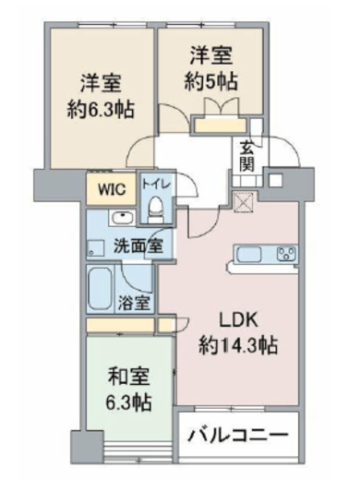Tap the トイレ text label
point(153,184)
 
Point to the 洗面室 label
point(138,246)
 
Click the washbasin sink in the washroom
point(121,219)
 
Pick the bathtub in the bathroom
point(102,288)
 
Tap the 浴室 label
point(133,303)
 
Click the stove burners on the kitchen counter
point(284,253)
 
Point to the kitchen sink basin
point(250,253)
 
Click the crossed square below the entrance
point(244,201)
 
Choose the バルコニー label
point(239,435)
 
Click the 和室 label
point(127,378)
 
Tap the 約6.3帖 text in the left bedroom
point(101,108)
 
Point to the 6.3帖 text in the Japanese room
point(127,403)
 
